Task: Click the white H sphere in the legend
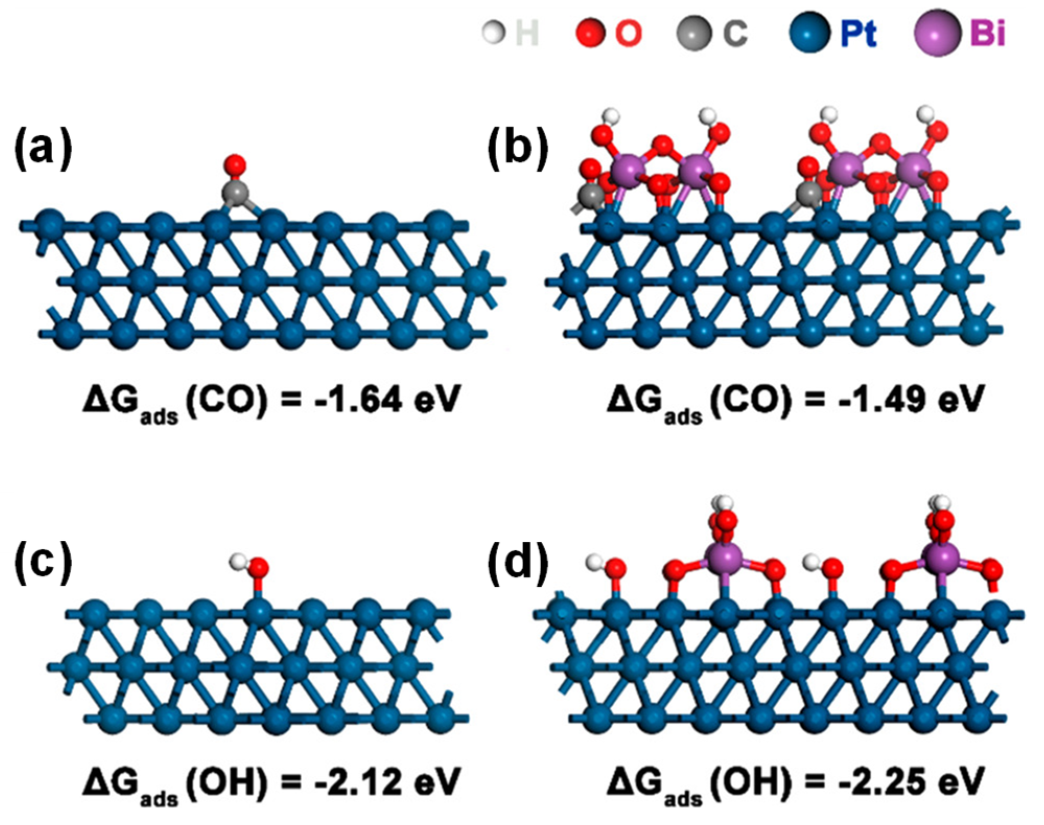pyautogui.click(x=494, y=33)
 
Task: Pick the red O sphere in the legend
pyautogui.click(x=590, y=33)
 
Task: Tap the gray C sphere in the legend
pyautogui.click(x=694, y=33)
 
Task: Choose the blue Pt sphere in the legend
pyautogui.click(x=810, y=33)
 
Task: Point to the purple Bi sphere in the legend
pyautogui.click(x=937, y=33)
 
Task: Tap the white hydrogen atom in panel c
pyautogui.click(x=238, y=563)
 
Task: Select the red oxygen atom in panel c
pyautogui.click(x=258, y=567)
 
